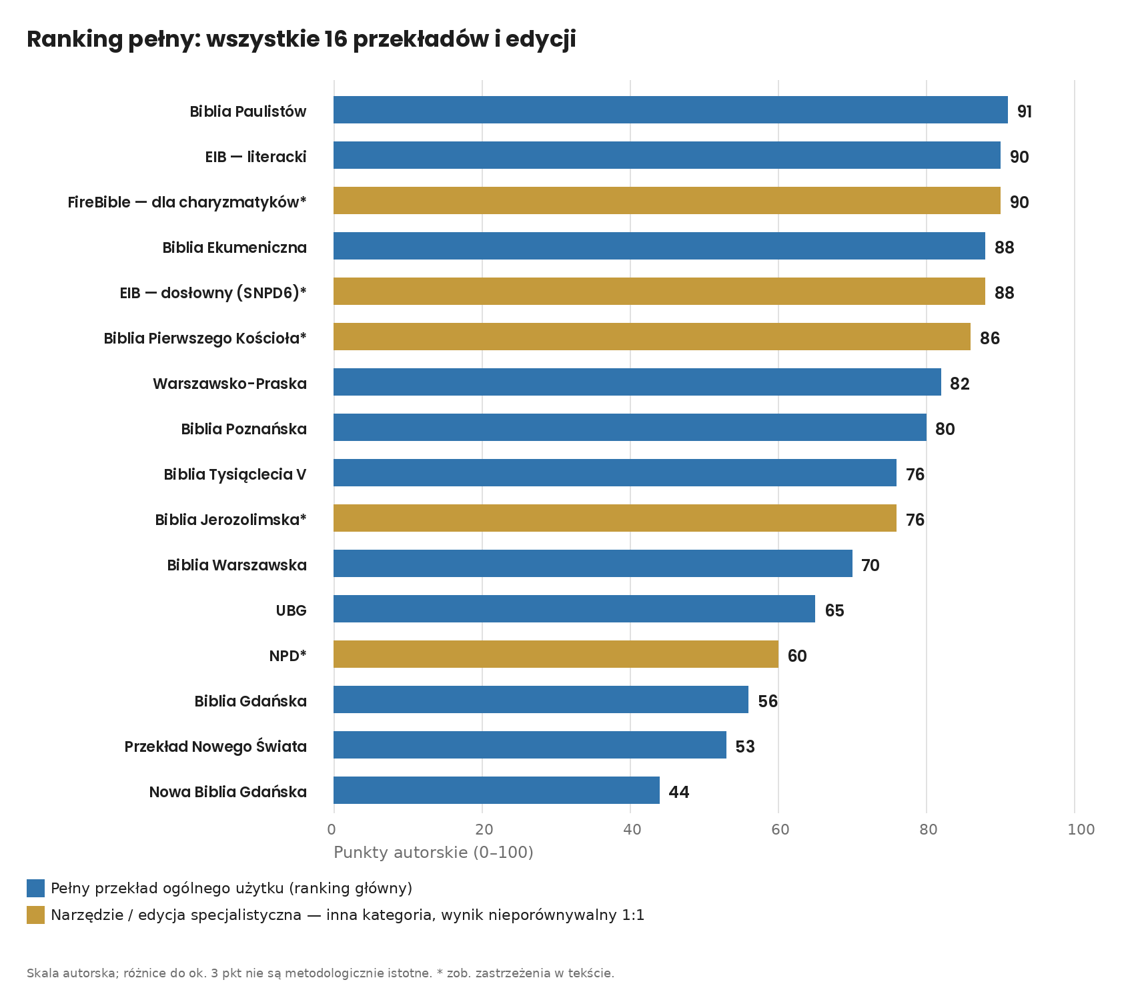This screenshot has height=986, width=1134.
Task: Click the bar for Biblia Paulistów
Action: point(670,110)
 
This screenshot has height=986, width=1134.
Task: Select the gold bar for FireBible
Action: point(667,201)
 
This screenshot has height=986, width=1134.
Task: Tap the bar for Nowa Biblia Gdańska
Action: point(496,791)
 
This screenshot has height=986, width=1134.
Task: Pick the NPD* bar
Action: point(556,654)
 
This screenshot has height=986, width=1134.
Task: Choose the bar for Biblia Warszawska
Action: point(593,564)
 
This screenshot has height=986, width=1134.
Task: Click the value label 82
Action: point(960,384)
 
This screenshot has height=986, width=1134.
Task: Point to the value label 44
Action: point(679,792)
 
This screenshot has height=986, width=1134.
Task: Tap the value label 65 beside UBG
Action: point(834,610)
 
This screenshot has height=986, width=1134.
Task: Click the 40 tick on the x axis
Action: point(632,829)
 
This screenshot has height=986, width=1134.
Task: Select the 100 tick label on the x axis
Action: point(1081,829)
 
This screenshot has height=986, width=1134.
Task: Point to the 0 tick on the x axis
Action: point(332,829)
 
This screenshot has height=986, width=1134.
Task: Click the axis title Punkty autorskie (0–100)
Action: point(434,853)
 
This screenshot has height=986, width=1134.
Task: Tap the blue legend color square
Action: point(35,888)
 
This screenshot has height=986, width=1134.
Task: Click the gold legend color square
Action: point(35,915)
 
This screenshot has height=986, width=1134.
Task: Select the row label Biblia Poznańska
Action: point(244,429)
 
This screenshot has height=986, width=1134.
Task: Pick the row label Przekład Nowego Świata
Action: point(215,746)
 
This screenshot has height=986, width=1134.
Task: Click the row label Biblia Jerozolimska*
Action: point(231,520)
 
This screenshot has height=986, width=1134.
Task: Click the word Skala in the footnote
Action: point(40,973)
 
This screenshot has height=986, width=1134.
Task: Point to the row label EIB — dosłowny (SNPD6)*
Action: point(213,293)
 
